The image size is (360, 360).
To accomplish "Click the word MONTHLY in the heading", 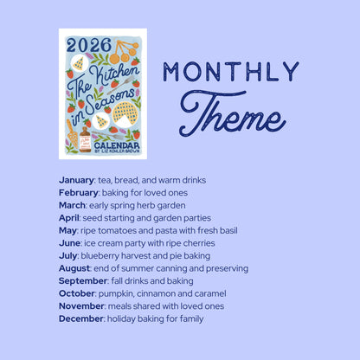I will (230, 73).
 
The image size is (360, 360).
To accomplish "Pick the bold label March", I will (73, 205).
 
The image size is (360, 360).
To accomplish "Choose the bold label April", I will (69, 218).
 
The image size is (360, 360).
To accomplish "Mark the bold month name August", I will (75, 268).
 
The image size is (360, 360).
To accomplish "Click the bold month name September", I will (83, 281).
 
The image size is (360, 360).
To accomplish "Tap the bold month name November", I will (81, 306).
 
